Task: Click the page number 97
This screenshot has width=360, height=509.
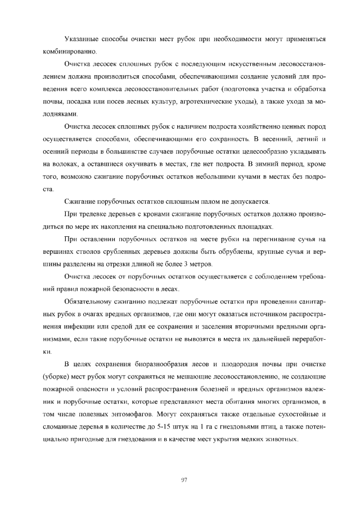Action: (184, 479)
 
